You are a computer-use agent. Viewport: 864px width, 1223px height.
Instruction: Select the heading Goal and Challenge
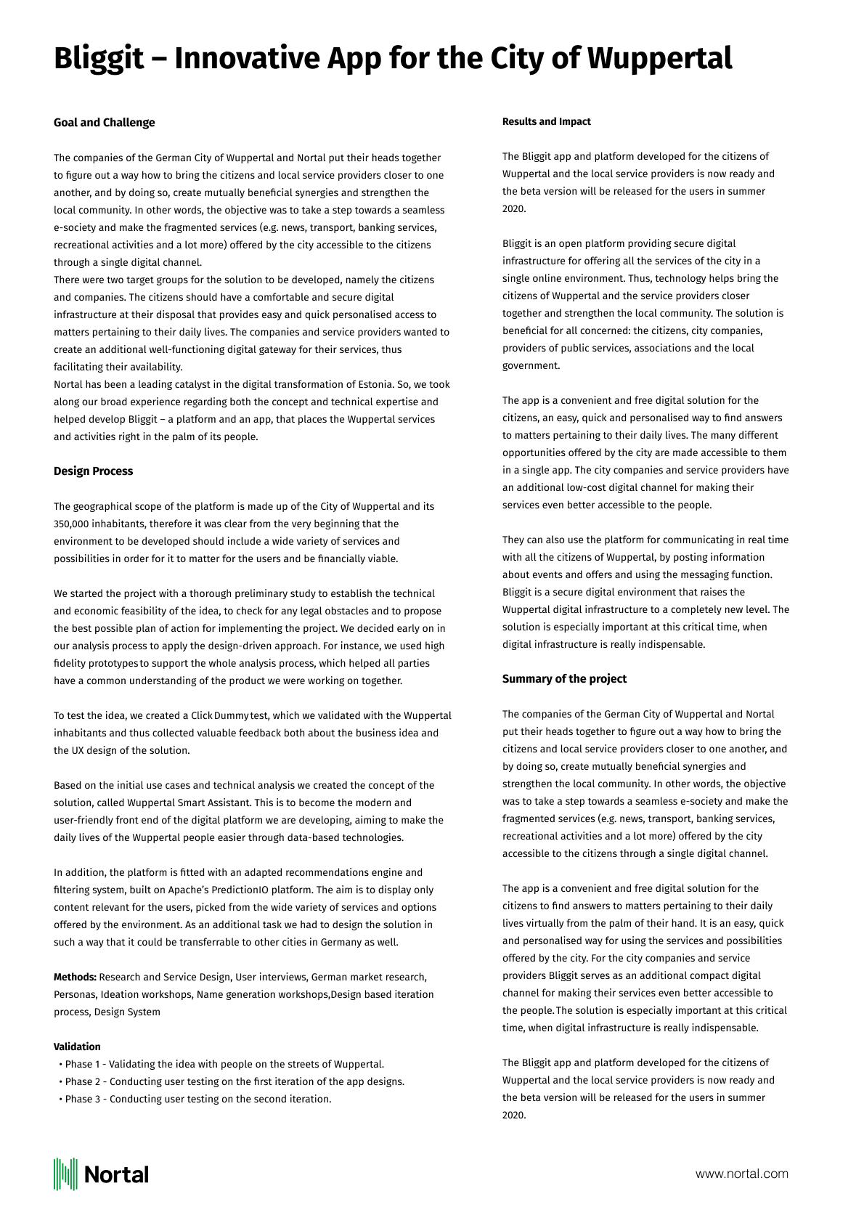tap(104, 122)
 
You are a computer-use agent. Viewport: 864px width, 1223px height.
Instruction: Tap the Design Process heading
tap(93, 471)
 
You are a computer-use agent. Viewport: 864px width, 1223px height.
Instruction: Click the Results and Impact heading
tap(546, 121)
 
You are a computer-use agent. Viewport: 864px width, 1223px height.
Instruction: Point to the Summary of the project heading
tap(564, 678)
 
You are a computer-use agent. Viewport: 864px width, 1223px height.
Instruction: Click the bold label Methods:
tap(75, 977)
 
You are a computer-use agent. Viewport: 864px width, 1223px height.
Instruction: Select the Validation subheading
tap(77, 1047)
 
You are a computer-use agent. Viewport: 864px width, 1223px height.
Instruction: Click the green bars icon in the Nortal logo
tap(65, 1174)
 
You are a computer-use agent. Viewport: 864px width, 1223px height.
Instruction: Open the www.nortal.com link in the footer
tap(741, 1174)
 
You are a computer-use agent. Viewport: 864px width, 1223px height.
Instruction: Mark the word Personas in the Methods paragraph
tap(74, 994)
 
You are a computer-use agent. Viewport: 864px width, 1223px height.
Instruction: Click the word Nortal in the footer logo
tap(116, 1174)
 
